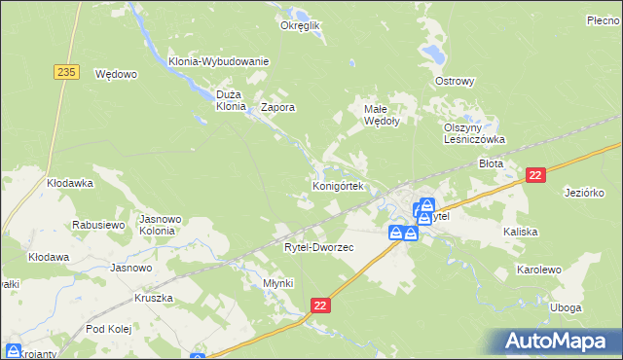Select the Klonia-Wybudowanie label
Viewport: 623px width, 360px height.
coord(218,61)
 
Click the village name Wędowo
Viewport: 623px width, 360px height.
coord(116,73)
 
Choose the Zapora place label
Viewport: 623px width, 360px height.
coord(277,108)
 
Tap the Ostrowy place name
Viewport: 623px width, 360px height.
coord(455,81)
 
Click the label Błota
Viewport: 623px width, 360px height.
coord(491,164)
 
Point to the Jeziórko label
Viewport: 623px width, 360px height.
coord(585,193)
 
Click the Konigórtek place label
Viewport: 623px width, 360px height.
coord(337,185)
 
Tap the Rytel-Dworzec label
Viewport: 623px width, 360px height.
coord(318,247)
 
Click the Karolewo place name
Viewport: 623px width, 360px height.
coord(540,268)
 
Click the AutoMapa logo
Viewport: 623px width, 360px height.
coord(558,341)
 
